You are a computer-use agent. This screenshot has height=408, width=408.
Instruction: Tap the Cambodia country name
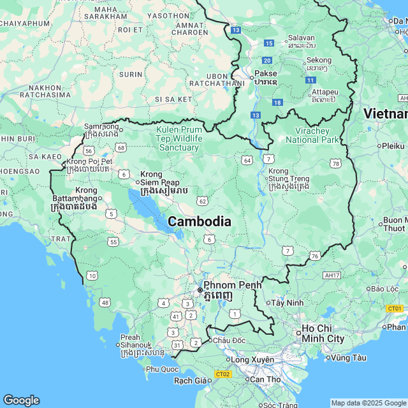199,221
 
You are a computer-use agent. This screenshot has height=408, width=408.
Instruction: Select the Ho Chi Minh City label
323,333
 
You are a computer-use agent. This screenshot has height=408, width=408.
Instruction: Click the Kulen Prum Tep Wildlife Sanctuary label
179,138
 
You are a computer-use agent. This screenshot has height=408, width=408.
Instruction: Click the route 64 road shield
247,159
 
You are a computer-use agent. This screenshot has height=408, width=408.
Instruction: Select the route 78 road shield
335,164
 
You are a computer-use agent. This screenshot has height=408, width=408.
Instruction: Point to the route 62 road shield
202,201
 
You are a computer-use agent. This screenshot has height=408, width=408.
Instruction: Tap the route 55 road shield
113,242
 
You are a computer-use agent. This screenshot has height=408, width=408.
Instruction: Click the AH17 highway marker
331,275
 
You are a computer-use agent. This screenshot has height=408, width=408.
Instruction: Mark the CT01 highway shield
395,309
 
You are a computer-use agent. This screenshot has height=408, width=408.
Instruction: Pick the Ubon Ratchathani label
217,79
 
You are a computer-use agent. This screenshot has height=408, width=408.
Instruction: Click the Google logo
21,400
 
